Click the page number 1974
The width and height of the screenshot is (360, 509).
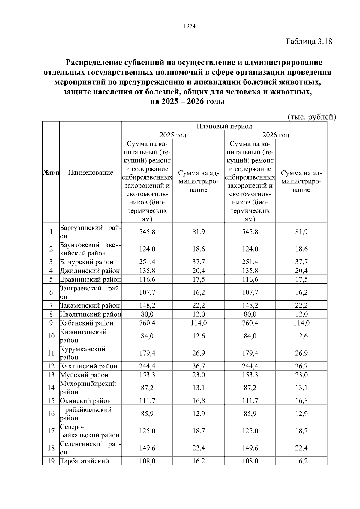[189, 26]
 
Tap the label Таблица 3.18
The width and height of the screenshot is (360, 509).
[309, 41]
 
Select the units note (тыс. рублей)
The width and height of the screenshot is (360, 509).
[312, 117]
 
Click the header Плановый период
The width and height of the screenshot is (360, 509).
[224, 126]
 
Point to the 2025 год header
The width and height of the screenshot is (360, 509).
[173, 135]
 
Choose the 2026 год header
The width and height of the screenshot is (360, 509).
[276, 135]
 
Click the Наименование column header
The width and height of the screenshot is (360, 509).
[91, 172]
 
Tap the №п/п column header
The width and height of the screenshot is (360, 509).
[51, 173]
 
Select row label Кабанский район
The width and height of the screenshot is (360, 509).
[87, 323]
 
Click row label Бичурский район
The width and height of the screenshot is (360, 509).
[87, 262]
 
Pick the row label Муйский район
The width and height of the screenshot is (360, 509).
[84, 375]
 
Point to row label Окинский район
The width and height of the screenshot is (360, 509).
[86, 401]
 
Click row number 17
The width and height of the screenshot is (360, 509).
[51, 431]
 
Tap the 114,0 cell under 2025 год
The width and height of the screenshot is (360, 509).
[199, 323]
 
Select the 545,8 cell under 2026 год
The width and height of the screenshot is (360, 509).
[250, 232]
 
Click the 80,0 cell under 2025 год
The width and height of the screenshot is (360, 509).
[147, 314]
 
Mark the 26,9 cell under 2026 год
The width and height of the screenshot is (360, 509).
[301, 353]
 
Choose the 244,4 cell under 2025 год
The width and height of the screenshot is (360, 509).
[147, 366]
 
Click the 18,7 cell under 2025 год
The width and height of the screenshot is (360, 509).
[199, 431]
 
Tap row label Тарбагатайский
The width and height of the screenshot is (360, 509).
[85, 461]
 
